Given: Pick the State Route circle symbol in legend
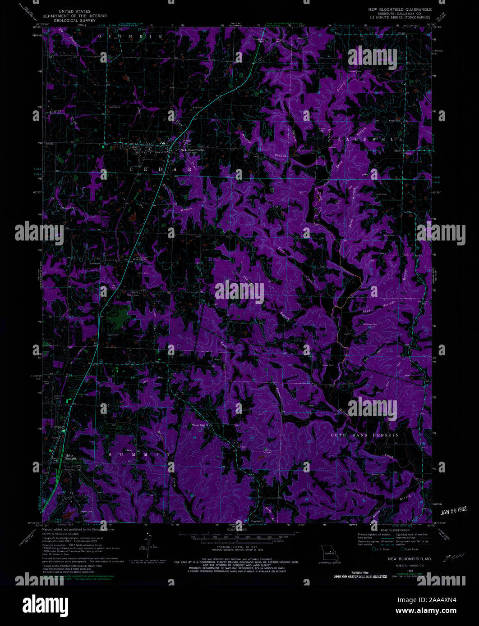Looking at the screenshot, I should tap(402, 549).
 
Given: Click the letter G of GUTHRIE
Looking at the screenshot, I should tap(101, 36).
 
